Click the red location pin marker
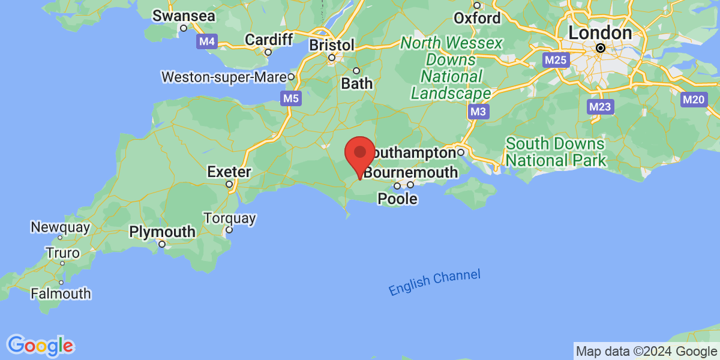click(x=360, y=153)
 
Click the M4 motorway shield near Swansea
click(x=206, y=42)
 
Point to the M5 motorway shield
click(x=290, y=98)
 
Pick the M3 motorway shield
click(x=478, y=112)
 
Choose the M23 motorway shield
click(x=599, y=107)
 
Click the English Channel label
click(x=434, y=283)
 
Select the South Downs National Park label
click(x=555, y=152)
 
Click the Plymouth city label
click(x=162, y=232)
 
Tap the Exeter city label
click(x=229, y=172)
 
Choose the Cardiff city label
click(x=269, y=40)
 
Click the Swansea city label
click(x=184, y=16)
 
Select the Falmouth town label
click(x=61, y=293)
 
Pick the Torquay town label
click(x=230, y=218)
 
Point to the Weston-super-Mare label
click(x=226, y=77)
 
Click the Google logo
click(x=41, y=346)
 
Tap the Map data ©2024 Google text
click(x=646, y=352)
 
